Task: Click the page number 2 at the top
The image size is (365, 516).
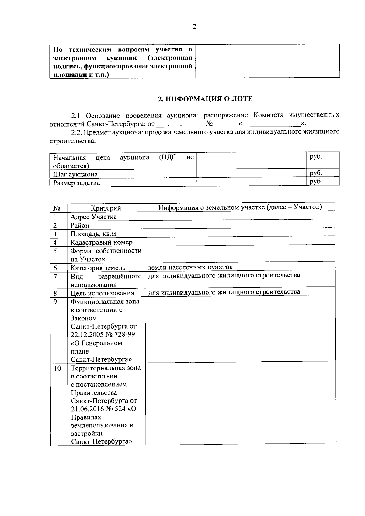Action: [x=194, y=27]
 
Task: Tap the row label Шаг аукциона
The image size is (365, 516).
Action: [x=75, y=174]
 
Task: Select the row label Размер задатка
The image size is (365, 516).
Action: [x=76, y=183]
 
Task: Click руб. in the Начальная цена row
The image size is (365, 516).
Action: [x=316, y=157]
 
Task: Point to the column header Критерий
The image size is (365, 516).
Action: [x=106, y=208]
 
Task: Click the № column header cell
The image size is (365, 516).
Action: [x=57, y=208]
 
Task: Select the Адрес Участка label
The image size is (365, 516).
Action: [x=93, y=217]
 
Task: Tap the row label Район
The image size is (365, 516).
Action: [x=80, y=225]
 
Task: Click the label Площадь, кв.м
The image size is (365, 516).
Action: [x=93, y=234]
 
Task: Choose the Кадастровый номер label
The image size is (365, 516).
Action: [x=101, y=242]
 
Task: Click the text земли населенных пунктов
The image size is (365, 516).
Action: [x=190, y=267]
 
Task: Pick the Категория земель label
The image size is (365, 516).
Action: [x=98, y=268]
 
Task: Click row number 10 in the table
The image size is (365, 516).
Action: [x=57, y=368]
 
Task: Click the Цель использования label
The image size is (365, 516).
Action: [x=102, y=293]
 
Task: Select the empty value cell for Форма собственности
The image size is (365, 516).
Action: [x=240, y=255]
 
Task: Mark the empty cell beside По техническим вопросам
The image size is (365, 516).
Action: [x=267, y=61]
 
